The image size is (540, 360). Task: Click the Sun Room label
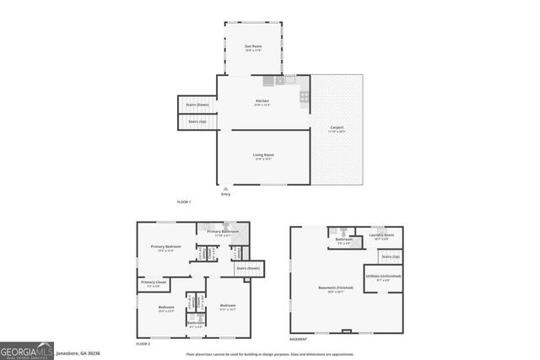point(252,46)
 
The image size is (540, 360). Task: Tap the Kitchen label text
point(262,101)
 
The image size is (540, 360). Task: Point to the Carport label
point(337,128)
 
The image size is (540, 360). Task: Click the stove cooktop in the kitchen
point(305,97)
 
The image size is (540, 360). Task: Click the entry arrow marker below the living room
point(225,189)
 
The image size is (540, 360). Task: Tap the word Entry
point(225,195)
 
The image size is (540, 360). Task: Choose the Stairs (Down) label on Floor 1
point(197,105)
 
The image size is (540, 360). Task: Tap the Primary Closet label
point(154,282)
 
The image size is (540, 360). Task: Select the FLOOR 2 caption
point(143,344)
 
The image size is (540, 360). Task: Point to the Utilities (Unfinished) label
point(384,276)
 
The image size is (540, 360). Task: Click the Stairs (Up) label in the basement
point(390,255)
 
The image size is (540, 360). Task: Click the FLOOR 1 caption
point(183,202)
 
